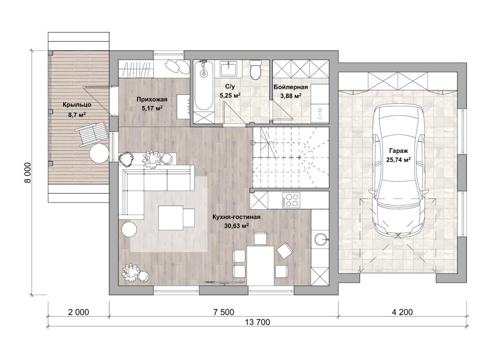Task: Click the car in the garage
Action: (x=398, y=171)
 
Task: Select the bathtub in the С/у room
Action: (x=203, y=86)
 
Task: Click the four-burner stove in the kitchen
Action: (x=291, y=200)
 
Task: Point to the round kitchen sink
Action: (x=320, y=239)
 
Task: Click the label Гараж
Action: (x=398, y=151)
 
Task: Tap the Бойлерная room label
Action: (x=290, y=87)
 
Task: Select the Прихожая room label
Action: (x=152, y=100)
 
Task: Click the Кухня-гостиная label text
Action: (x=236, y=217)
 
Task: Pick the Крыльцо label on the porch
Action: (x=76, y=104)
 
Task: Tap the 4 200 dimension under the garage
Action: (x=402, y=312)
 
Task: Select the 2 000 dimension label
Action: (x=78, y=312)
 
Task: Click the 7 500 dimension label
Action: (x=223, y=312)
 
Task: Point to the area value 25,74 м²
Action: (x=398, y=160)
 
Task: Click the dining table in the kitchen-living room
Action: (x=260, y=265)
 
